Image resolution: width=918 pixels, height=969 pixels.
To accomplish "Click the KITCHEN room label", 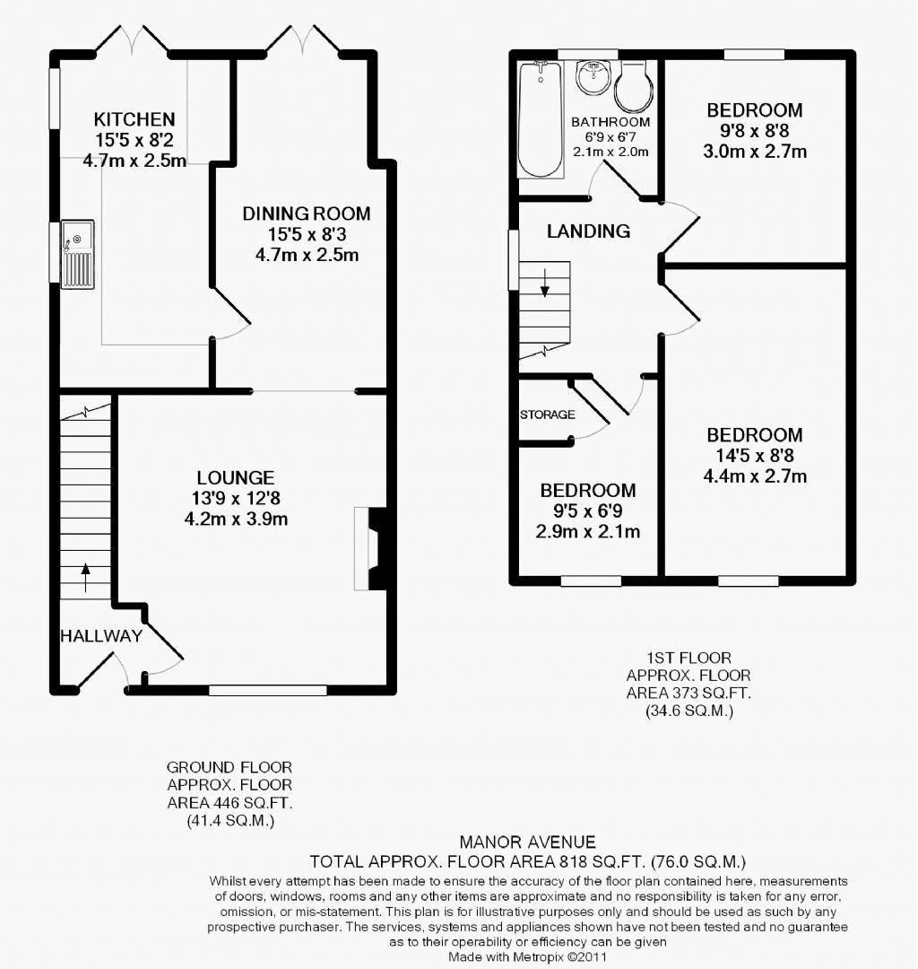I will click(x=134, y=119).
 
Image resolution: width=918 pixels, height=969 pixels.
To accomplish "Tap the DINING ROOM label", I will click(x=306, y=214).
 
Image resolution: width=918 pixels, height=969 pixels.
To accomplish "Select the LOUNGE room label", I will click(x=237, y=478).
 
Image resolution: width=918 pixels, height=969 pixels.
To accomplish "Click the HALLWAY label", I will click(x=100, y=636).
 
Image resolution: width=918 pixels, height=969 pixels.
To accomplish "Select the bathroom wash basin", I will click(x=591, y=78).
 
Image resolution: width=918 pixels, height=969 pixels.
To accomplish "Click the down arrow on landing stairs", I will click(x=544, y=288).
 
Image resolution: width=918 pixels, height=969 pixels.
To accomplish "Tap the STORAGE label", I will click(x=547, y=415).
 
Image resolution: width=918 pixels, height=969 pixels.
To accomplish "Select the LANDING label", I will click(x=588, y=231).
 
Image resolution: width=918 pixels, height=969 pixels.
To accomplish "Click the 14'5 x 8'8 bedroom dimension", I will click(x=754, y=456).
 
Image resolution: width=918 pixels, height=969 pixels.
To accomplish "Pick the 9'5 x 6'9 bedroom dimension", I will click(x=588, y=511).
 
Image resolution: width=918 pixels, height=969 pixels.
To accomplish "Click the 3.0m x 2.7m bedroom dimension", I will click(x=754, y=152).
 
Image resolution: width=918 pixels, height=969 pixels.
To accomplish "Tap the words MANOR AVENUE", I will click(x=527, y=842).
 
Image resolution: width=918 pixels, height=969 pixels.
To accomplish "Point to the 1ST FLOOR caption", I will click(x=688, y=656).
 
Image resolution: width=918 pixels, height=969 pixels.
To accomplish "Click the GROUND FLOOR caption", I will click(x=229, y=767).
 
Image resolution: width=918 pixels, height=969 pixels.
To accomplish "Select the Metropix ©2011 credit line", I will click(x=527, y=957).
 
